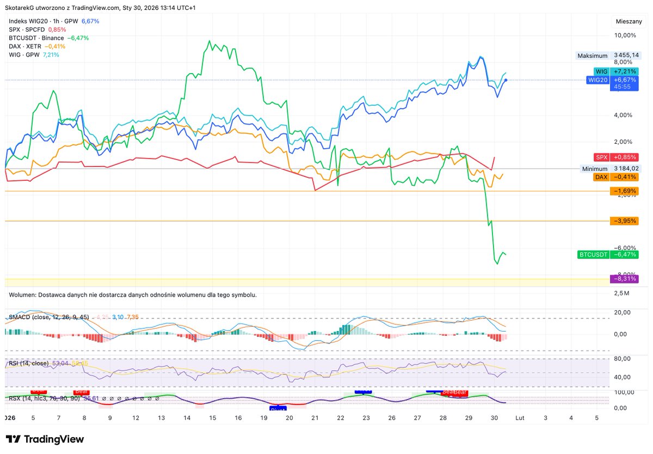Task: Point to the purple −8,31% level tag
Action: pyautogui.click(x=624, y=279)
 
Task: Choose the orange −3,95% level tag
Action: pyautogui.click(x=624, y=221)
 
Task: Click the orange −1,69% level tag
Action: pyautogui.click(x=624, y=191)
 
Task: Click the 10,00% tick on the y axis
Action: pyautogui.click(x=625, y=35)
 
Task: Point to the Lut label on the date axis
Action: pyautogui.click(x=520, y=418)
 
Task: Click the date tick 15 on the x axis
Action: pyautogui.click(x=212, y=418)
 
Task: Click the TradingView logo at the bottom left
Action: pyautogui.click(x=45, y=439)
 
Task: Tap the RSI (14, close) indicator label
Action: pyautogui.click(x=31, y=363)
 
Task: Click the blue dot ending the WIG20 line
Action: pyautogui.click(x=506, y=80)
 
